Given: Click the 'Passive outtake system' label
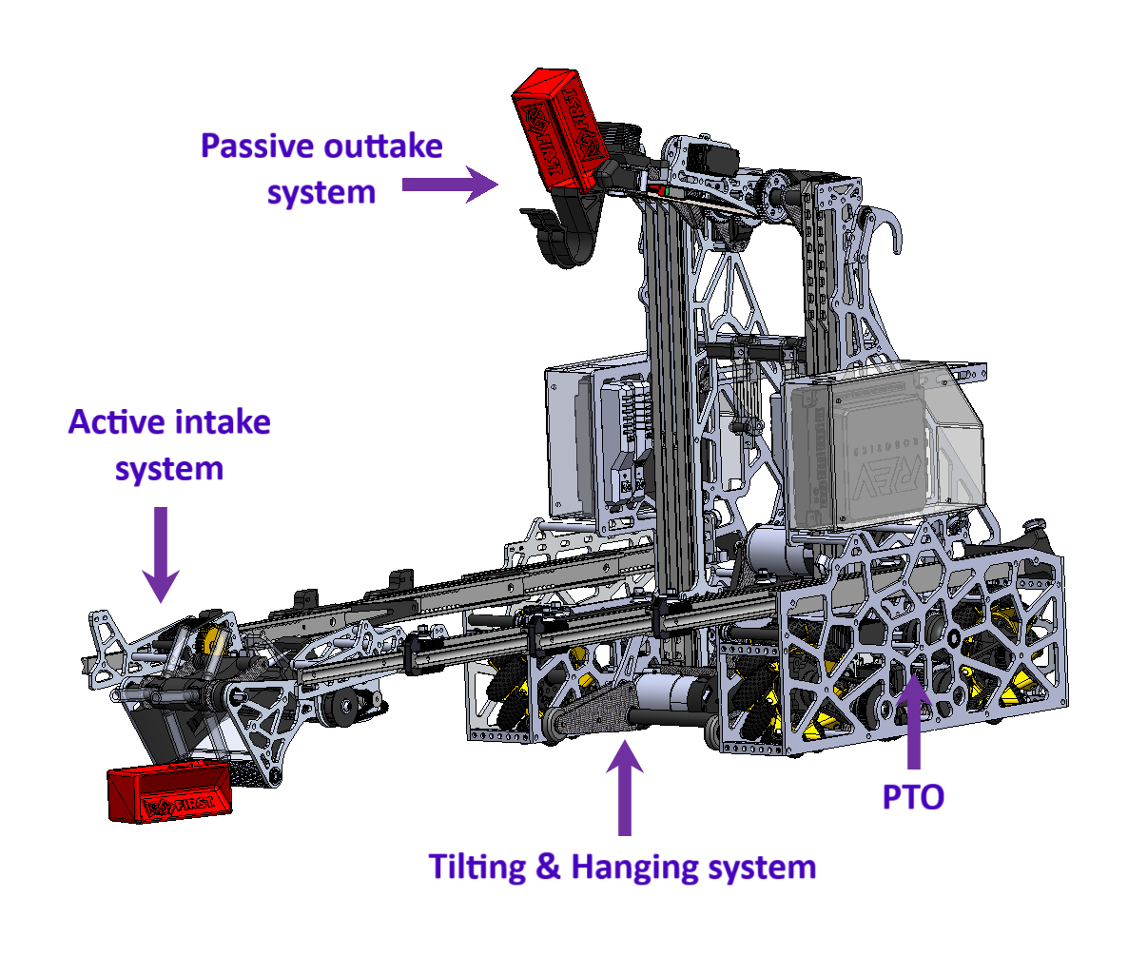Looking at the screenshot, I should click(321, 169).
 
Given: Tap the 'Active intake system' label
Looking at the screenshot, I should click(169, 444).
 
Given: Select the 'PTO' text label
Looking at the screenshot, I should click(913, 796).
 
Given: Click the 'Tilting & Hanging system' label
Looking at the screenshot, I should click(622, 867).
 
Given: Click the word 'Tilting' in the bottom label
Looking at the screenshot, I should click(479, 867).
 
